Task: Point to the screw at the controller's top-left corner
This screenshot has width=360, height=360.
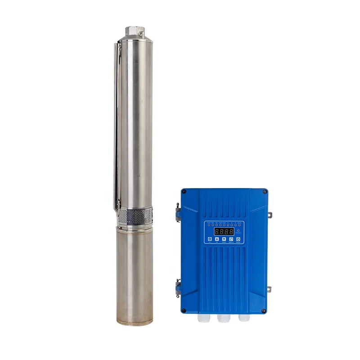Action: (184, 191)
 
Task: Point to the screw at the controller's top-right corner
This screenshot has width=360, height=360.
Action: (265, 192)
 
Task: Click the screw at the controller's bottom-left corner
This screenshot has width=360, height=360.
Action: (184, 310)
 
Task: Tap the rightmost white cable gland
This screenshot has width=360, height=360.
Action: (243, 319)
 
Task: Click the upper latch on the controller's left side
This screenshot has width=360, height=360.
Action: (178, 211)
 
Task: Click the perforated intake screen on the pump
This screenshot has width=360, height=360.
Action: (135, 218)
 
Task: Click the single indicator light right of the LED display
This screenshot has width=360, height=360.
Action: (238, 229)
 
